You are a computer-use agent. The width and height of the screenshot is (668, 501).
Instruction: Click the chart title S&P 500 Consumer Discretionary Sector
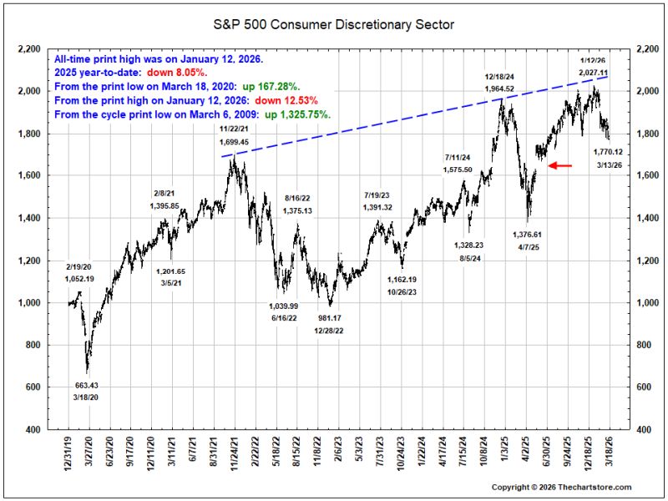333,25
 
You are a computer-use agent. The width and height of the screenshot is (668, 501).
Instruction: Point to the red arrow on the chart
559,165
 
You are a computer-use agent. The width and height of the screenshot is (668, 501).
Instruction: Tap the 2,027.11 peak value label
593,73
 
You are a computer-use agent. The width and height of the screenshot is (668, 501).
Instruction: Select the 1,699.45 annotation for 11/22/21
235,142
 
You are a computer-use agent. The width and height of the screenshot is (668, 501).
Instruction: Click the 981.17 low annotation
330,318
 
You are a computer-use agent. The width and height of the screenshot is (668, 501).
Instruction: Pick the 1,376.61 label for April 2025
528,235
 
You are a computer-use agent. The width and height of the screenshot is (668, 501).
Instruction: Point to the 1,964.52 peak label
499,89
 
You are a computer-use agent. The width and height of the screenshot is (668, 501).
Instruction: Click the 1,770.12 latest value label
608,152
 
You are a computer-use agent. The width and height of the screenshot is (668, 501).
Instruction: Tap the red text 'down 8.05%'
177,73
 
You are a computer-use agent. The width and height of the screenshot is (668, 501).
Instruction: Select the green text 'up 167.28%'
271,87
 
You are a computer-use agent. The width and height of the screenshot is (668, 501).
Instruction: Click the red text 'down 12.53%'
286,101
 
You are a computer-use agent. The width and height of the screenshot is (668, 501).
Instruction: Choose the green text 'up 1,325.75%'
298,115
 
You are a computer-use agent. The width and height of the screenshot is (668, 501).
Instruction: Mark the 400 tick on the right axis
643,430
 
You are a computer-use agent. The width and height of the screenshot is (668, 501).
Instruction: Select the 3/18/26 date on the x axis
610,451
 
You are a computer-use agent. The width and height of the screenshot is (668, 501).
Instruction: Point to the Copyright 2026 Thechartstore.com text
561,488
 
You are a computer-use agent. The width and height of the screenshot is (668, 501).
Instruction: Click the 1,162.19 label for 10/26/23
402,280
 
